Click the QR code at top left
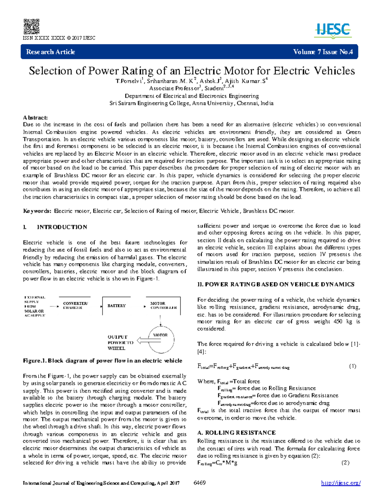(x=31, y=27)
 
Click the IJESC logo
(x=333, y=31)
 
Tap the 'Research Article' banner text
(x=50, y=52)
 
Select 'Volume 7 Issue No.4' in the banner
(x=323, y=52)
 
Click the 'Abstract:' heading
(x=35, y=118)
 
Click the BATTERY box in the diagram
(x=116, y=306)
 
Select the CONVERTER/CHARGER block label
(x=75, y=306)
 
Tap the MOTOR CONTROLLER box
(x=163, y=306)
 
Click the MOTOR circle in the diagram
(x=161, y=339)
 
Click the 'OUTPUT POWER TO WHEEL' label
(x=120, y=343)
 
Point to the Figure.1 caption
(x=102, y=361)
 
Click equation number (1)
(x=352, y=366)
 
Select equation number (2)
(x=345, y=463)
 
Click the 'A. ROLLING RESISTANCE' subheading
(x=237, y=433)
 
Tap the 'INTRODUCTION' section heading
(x=62, y=227)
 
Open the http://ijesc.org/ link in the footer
(x=341, y=483)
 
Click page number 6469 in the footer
(x=200, y=483)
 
